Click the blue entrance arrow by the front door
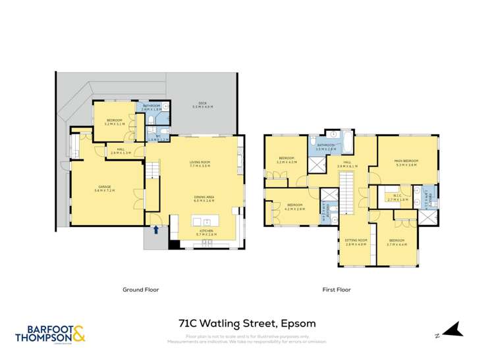tap(155, 230)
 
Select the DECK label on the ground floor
tap(203, 105)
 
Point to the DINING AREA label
tap(204, 198)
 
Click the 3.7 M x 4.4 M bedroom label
tap(397, 242)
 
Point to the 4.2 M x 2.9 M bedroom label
tap(294, 206)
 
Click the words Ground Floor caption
tap(141, 290)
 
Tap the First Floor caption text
tap(336, 290)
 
